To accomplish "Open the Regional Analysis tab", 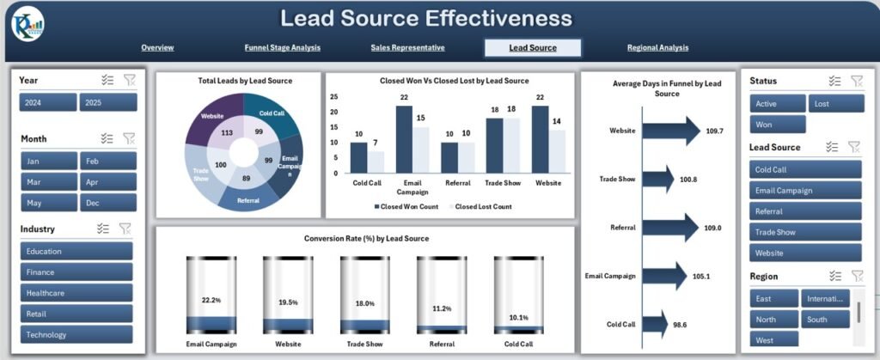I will pos(657,48).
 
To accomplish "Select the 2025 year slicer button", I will pos(107,103).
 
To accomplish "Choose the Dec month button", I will pos(107,203).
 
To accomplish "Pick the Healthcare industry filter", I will pos(76,293).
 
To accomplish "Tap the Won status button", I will pos(777,125).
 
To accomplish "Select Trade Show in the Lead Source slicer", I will pos(804,232).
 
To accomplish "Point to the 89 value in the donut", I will pos(246,178).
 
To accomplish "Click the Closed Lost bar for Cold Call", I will pos(376,162).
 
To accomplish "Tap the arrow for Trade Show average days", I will pos(657,180).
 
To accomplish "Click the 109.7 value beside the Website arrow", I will pos(713,131).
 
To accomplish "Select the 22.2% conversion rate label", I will pos(211,301).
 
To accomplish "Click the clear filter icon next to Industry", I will pos(125,229).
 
